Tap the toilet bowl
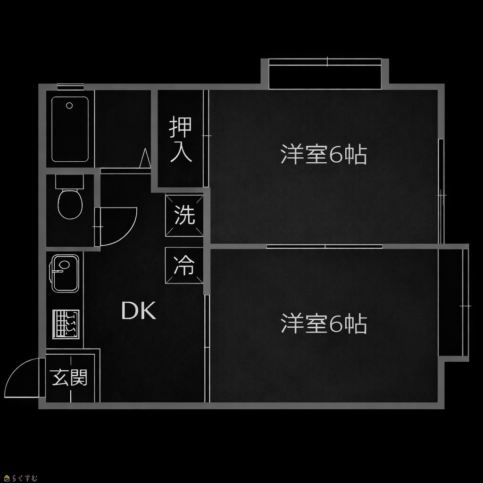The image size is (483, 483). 70,204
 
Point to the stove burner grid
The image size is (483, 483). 66,324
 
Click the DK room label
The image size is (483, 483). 139,311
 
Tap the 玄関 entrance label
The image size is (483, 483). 70,378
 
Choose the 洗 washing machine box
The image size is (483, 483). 184,216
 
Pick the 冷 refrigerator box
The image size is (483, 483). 184,266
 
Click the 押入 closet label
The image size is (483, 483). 181,140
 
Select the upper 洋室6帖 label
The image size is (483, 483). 324,155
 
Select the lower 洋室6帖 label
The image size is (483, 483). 324,324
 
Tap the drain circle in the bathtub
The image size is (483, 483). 69,106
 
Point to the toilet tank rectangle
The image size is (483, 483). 69,181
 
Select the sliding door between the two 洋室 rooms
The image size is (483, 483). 325,246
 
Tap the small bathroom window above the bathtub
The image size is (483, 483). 70,86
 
